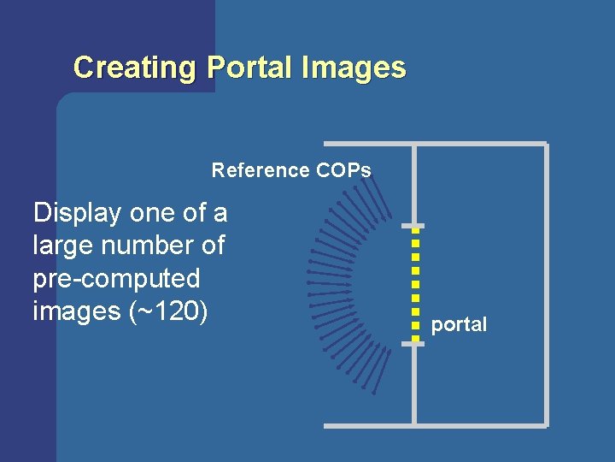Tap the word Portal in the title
pyautogui.click(x=250, y=68)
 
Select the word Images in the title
pyautogui.click(x=354, y=68)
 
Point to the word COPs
pyautogui.click(x=343, y=170)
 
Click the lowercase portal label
pyautogui.click(x=459, y=325)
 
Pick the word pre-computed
pyautogui.click(x=116, y=279)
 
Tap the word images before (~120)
pyautogui.click(x=74, y=312)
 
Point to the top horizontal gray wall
pyautogui.click(x=435, y=144)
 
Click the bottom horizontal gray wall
pyautogui.click(x=435, y=424)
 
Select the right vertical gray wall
pyautogui.click(x=546, y=282)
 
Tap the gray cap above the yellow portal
pyautogui.click(x=413, y=227)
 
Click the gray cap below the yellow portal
pyautogui.click(x=413, y=343)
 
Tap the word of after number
pyautogui.click(x=211, y=246)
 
